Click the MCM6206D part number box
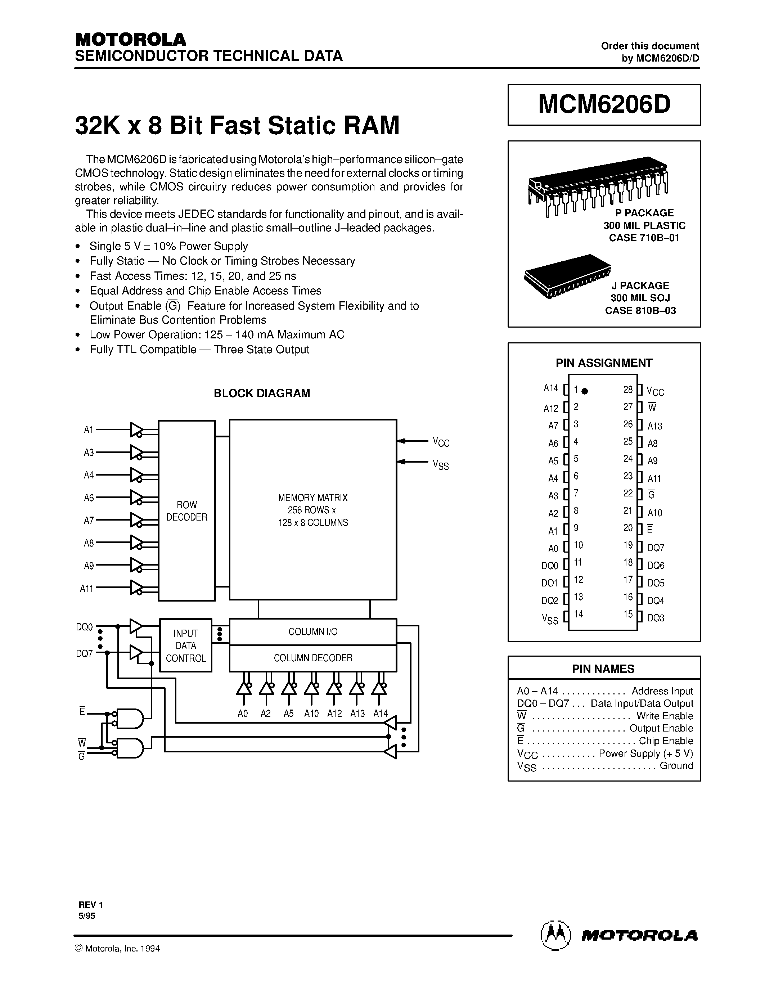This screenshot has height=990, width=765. click(604, 105)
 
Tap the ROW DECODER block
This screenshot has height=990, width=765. click(187, 511)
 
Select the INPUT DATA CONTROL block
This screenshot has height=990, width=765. click(186, 645)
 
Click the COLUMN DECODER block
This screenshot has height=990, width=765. click(313, 658)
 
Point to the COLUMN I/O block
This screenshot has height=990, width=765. click(313, 631)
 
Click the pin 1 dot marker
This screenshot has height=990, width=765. click(585, 391)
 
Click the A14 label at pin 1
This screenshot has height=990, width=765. click(551, 388)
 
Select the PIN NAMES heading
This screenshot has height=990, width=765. click(603, 669)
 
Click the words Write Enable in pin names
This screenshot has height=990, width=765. click(665, 716)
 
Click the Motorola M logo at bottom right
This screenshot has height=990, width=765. click(555, 935)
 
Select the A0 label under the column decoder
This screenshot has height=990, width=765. click(243, 714)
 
